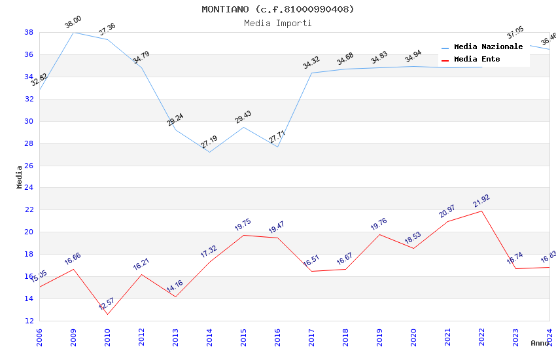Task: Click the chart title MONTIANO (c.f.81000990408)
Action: coord(278,9)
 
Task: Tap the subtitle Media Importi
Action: coord(278,23)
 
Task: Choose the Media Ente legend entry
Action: coord(477,60)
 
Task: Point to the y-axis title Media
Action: coord(20,177)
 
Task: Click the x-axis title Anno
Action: coord(540,343)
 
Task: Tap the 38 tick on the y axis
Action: coord(29,32)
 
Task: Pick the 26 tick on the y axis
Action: coord(29,166)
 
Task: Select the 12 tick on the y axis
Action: coord(29,321)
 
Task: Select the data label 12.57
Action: coord(107,304)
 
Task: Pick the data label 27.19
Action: coord(209,142)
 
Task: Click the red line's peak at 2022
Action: coord(481,211)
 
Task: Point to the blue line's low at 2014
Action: coord(209,153)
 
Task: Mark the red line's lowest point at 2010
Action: coord(107,314)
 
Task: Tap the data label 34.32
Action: coord(311,63)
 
